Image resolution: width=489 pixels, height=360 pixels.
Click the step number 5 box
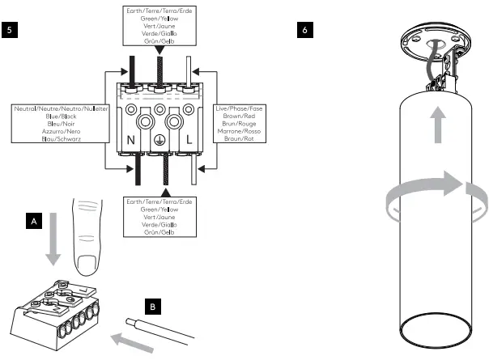coord(10,30)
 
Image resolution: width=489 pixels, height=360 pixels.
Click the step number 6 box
coord(305,30)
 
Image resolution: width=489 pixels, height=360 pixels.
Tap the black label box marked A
coord(34,221)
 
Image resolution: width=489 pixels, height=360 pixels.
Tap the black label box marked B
coord(153,307)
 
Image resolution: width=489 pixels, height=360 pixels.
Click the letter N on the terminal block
coord(131,140)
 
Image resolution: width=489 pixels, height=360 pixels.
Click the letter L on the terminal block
coord(189,140)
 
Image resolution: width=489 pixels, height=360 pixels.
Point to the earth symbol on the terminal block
coord(160,140)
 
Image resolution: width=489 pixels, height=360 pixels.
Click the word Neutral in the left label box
coord(25,108)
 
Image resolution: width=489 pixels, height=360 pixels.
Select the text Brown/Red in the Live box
coord(239,116)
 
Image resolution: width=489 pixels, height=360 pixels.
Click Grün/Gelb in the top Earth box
coord(159,41)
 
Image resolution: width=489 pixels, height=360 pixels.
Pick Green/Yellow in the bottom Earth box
coord(159,210)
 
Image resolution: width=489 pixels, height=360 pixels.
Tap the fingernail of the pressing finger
coord(87,265)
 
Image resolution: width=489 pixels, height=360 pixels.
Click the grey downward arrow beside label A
coord(53,239)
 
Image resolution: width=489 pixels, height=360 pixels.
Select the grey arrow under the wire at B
coord(133,343)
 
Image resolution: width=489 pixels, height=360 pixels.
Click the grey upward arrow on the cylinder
coord(438,125)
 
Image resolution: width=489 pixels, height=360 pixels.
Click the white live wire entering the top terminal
coord(189,71)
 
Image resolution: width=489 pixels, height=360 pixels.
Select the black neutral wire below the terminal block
coord(138,170)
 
